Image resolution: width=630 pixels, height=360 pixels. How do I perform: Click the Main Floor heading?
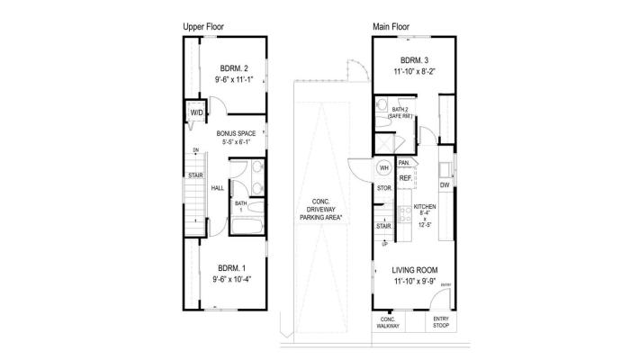391,27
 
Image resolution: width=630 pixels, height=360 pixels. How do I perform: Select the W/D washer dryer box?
196,113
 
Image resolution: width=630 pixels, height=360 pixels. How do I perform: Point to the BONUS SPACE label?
236,133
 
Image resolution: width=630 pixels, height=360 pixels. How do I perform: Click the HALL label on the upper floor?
217,188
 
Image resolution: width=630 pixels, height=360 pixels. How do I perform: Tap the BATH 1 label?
240,206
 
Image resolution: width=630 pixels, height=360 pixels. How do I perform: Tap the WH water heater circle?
383,167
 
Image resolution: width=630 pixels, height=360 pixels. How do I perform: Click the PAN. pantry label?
405,163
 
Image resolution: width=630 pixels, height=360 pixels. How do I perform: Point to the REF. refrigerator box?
406,178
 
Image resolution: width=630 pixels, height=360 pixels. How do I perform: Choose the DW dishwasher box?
444,185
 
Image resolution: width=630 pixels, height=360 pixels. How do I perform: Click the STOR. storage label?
382,189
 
